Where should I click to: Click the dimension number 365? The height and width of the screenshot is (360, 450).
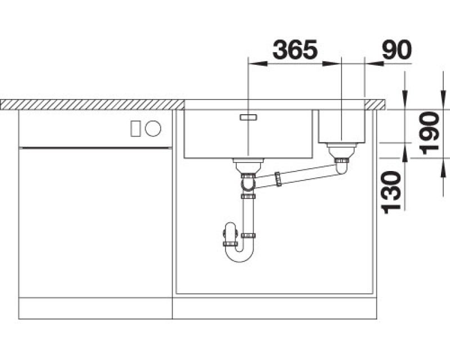[295, 49]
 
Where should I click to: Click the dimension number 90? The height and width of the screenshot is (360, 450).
[397, 49]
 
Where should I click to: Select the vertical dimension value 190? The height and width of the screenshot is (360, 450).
[429, 133]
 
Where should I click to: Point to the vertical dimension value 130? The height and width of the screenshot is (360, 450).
[391, 192]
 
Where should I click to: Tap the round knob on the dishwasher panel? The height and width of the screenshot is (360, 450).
[153, 128]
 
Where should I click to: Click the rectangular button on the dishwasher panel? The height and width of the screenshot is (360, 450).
[136, 128]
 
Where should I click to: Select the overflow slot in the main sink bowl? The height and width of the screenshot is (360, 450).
[248, 117]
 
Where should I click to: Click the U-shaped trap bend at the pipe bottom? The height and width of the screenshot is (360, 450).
[240, 255]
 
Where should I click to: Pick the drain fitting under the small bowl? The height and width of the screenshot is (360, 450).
[342, 153]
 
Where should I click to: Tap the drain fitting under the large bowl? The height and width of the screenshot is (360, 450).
[248, 167]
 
